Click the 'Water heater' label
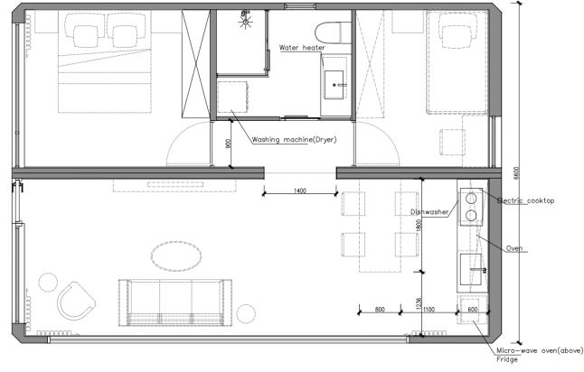tap(302, 48)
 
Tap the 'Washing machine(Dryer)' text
tap(294, 139)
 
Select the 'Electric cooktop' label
tap(526, 200)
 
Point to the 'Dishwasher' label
tap(429, 211)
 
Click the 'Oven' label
tap(514, 248)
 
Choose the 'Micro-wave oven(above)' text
tap(540, 350)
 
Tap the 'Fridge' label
tap(507, 359)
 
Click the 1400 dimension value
tap(300, 191)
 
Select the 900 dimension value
tap(229, 144)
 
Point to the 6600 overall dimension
tap(516, 173)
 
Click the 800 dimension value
tap(380, 309)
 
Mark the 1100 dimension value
tap(429, 309)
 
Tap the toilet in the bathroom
tap(333, 33)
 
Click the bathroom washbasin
tap(334, 85)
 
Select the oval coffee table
tap(176, 256)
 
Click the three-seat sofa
tap(175, 302)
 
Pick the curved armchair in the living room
tap(76, 301)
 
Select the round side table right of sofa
tap(246, 313)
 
